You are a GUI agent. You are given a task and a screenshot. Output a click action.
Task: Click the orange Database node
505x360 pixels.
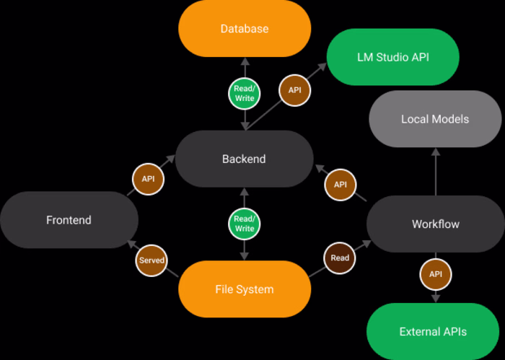245,29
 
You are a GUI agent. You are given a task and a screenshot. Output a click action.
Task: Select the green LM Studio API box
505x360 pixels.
392,56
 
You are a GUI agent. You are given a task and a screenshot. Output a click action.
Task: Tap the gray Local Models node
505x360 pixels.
434,119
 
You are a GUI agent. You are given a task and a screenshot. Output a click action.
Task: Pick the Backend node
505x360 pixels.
244,159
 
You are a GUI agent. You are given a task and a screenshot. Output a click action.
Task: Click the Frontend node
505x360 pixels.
69,220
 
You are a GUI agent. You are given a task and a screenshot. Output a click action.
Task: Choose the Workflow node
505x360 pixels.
435,224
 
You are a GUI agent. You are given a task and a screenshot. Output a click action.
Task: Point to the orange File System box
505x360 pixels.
244,289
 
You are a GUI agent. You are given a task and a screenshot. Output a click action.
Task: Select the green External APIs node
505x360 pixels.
433,332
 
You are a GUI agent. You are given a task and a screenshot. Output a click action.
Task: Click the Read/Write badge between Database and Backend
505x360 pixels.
245,93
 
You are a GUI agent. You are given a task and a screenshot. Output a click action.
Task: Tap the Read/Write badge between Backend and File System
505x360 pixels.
245,224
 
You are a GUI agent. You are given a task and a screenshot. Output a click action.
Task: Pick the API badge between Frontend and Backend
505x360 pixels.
148,179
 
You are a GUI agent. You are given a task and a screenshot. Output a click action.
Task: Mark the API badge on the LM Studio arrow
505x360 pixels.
294,90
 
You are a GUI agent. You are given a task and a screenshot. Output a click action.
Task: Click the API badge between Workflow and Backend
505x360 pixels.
341,185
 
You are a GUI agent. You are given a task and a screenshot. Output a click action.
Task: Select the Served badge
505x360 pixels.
151,260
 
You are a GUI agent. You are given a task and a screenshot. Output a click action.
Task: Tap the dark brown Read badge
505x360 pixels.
340,258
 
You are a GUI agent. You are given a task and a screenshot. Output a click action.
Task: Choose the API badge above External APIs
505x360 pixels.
435,274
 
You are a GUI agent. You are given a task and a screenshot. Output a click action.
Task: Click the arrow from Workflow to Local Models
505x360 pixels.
435,173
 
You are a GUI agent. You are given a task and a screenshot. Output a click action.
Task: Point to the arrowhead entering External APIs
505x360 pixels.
435,298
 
